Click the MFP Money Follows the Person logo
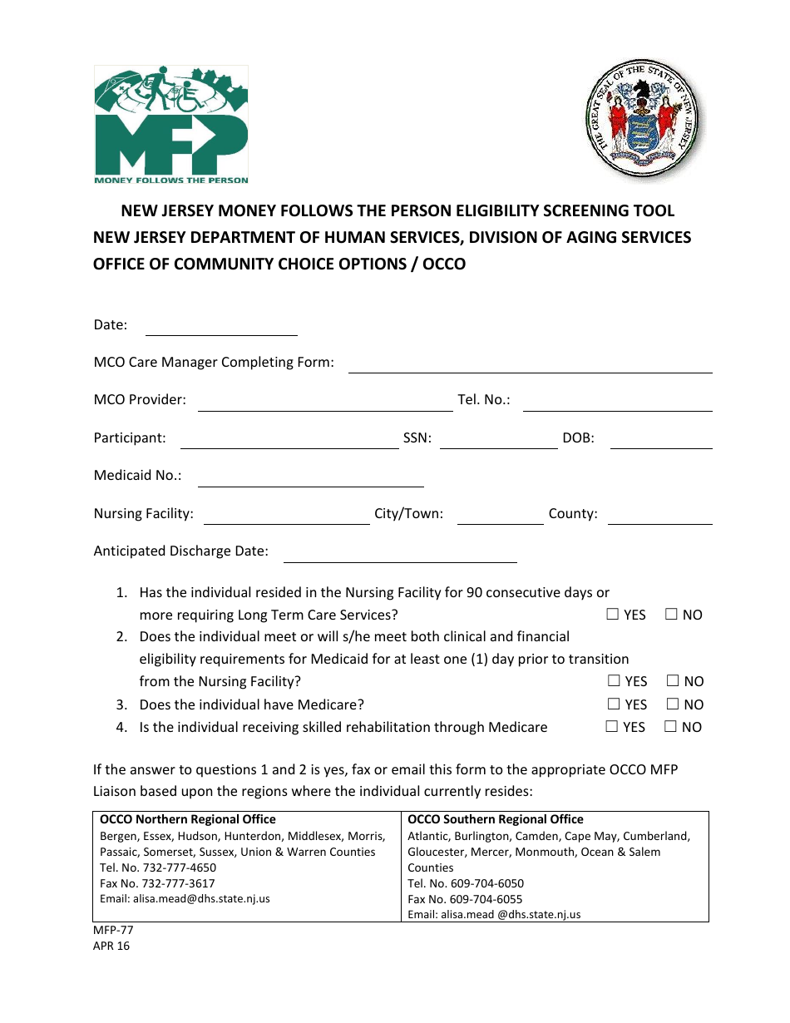click(170, 125)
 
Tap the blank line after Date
click(221, 328)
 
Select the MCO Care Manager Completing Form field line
click(530, 365)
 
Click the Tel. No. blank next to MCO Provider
click(617, 403)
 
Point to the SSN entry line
click(498, 441)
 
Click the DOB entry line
click(661, 441)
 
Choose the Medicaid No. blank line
click(310, 479)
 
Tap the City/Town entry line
click(500, 516)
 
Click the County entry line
click(659, 516)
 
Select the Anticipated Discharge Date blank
click(400, 555)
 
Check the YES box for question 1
click(613, 615)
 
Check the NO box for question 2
click(673, 681)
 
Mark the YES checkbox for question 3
click(613, 704)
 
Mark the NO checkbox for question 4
click(671, 727)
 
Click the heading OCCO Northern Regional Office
click(188, 820)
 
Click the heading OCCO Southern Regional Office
click(496, 820)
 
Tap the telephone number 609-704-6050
click(486, 883)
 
